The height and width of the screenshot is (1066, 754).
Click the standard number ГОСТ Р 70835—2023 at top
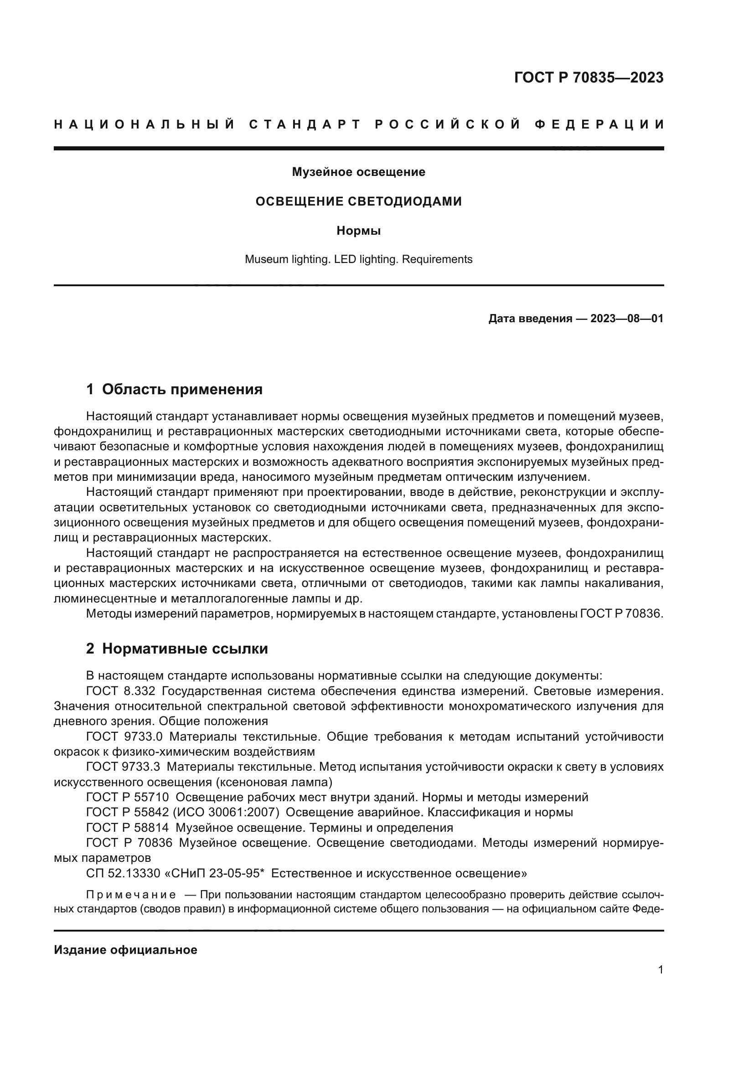pos(588,77)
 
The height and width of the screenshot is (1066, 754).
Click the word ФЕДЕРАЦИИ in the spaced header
pos(599,124)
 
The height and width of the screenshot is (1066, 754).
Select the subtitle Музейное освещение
pos(358,172)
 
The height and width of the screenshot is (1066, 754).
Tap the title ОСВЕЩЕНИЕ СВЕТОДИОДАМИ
pos(358,201)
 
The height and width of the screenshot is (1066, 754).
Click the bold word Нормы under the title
pos(358,231)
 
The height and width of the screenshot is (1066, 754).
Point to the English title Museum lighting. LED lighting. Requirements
pos(358,259)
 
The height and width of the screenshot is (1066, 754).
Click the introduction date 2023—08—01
pos(627,319)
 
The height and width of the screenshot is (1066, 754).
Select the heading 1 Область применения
pos(174,389)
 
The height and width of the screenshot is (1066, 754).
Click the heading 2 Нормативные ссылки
pos(177,649)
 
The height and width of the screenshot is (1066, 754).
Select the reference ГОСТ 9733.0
pos(124,736)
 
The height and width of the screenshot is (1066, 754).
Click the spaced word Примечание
pos(131,895)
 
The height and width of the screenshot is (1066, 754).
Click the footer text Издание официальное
pos(125,950)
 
